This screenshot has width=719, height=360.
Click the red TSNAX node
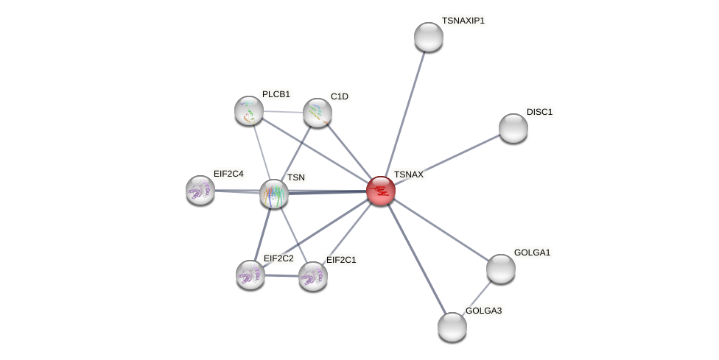(381, 191)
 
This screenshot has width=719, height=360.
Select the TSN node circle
(274, 194)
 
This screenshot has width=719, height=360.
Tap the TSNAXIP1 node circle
(429, 37)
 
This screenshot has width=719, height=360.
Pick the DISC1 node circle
(513, 128)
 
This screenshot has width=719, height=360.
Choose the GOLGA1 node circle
(501, 269)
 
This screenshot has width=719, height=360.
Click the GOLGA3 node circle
(452, 327)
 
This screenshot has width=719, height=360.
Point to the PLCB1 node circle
(249, 110)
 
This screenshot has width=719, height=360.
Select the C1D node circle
(318, 113)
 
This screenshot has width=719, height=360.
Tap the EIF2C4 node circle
(200, 190)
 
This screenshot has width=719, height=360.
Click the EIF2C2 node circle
(250, 275)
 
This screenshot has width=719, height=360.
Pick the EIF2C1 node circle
(313, 276)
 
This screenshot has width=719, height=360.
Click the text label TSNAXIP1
(463, 21)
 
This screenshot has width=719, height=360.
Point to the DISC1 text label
(539, 112)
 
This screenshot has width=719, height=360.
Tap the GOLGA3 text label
(483, 311)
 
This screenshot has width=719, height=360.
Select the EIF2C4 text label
(228, 174)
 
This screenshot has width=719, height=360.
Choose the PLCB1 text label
(276, 94)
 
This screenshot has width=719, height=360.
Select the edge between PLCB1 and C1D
(283, 112)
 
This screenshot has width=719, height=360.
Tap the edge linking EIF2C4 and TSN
(237, 191)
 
